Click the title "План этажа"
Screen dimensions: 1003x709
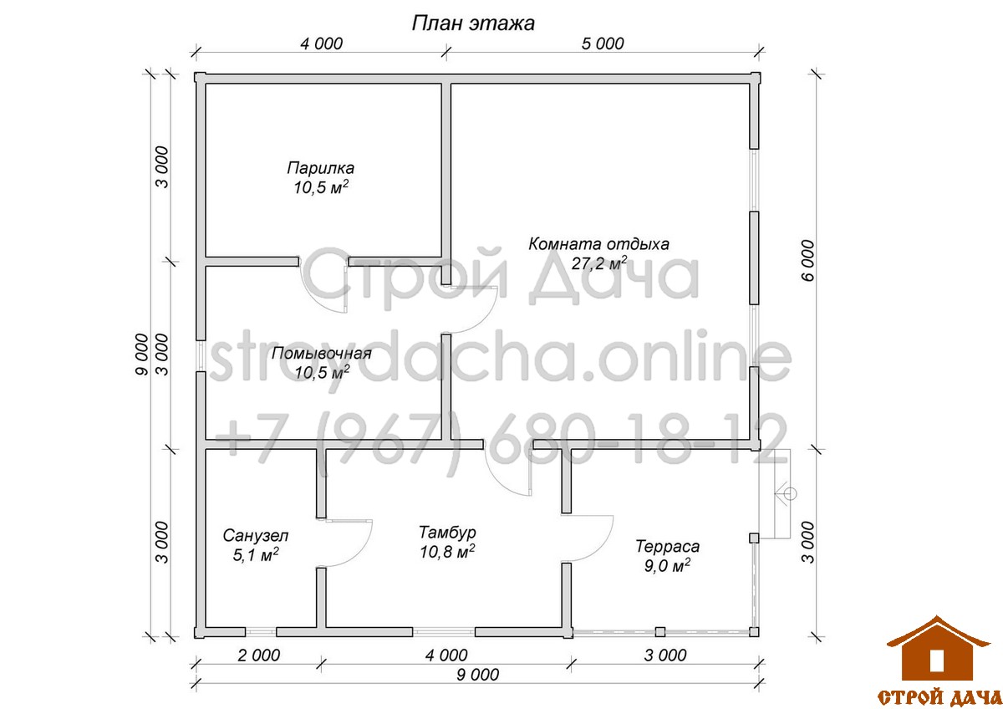(473, 23)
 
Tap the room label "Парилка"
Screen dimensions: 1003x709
(321, 168)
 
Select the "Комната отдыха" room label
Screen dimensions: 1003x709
(598, 244)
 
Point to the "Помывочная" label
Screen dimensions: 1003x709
(322, 354)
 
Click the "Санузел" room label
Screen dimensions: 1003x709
(256, 535)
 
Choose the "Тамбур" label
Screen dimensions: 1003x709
(447, 532)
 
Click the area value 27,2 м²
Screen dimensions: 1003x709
(599, 263)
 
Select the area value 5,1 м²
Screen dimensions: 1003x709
(256, 555)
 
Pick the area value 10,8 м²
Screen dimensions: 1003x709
(447, 552)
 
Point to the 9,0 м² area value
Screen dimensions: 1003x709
(667, 566)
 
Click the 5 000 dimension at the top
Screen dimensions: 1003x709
(603, 43)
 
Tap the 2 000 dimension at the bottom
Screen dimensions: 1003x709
(259, 655)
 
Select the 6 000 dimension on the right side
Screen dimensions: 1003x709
(808, 260)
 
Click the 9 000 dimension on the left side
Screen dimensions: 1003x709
(141, 354)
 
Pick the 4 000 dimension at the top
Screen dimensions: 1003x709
(321, 43)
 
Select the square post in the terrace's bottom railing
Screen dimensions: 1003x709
(660, 631)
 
